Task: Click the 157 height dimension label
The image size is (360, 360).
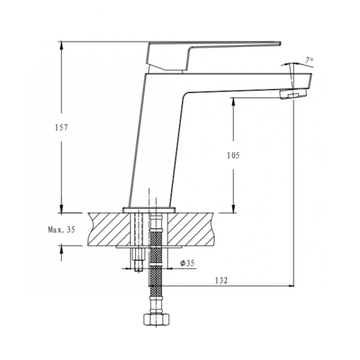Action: pos(62,128)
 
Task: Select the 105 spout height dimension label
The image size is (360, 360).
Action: pos(233,155)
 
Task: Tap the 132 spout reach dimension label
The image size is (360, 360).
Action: pos(221,280)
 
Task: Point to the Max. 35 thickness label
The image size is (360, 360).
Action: pos(62,229)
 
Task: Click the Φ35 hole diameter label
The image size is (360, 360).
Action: pos(187,263)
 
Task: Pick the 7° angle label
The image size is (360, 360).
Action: pos(309,60)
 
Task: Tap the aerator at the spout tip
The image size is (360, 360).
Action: pos(293,94)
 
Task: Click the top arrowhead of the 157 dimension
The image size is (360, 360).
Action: pos(61,46)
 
